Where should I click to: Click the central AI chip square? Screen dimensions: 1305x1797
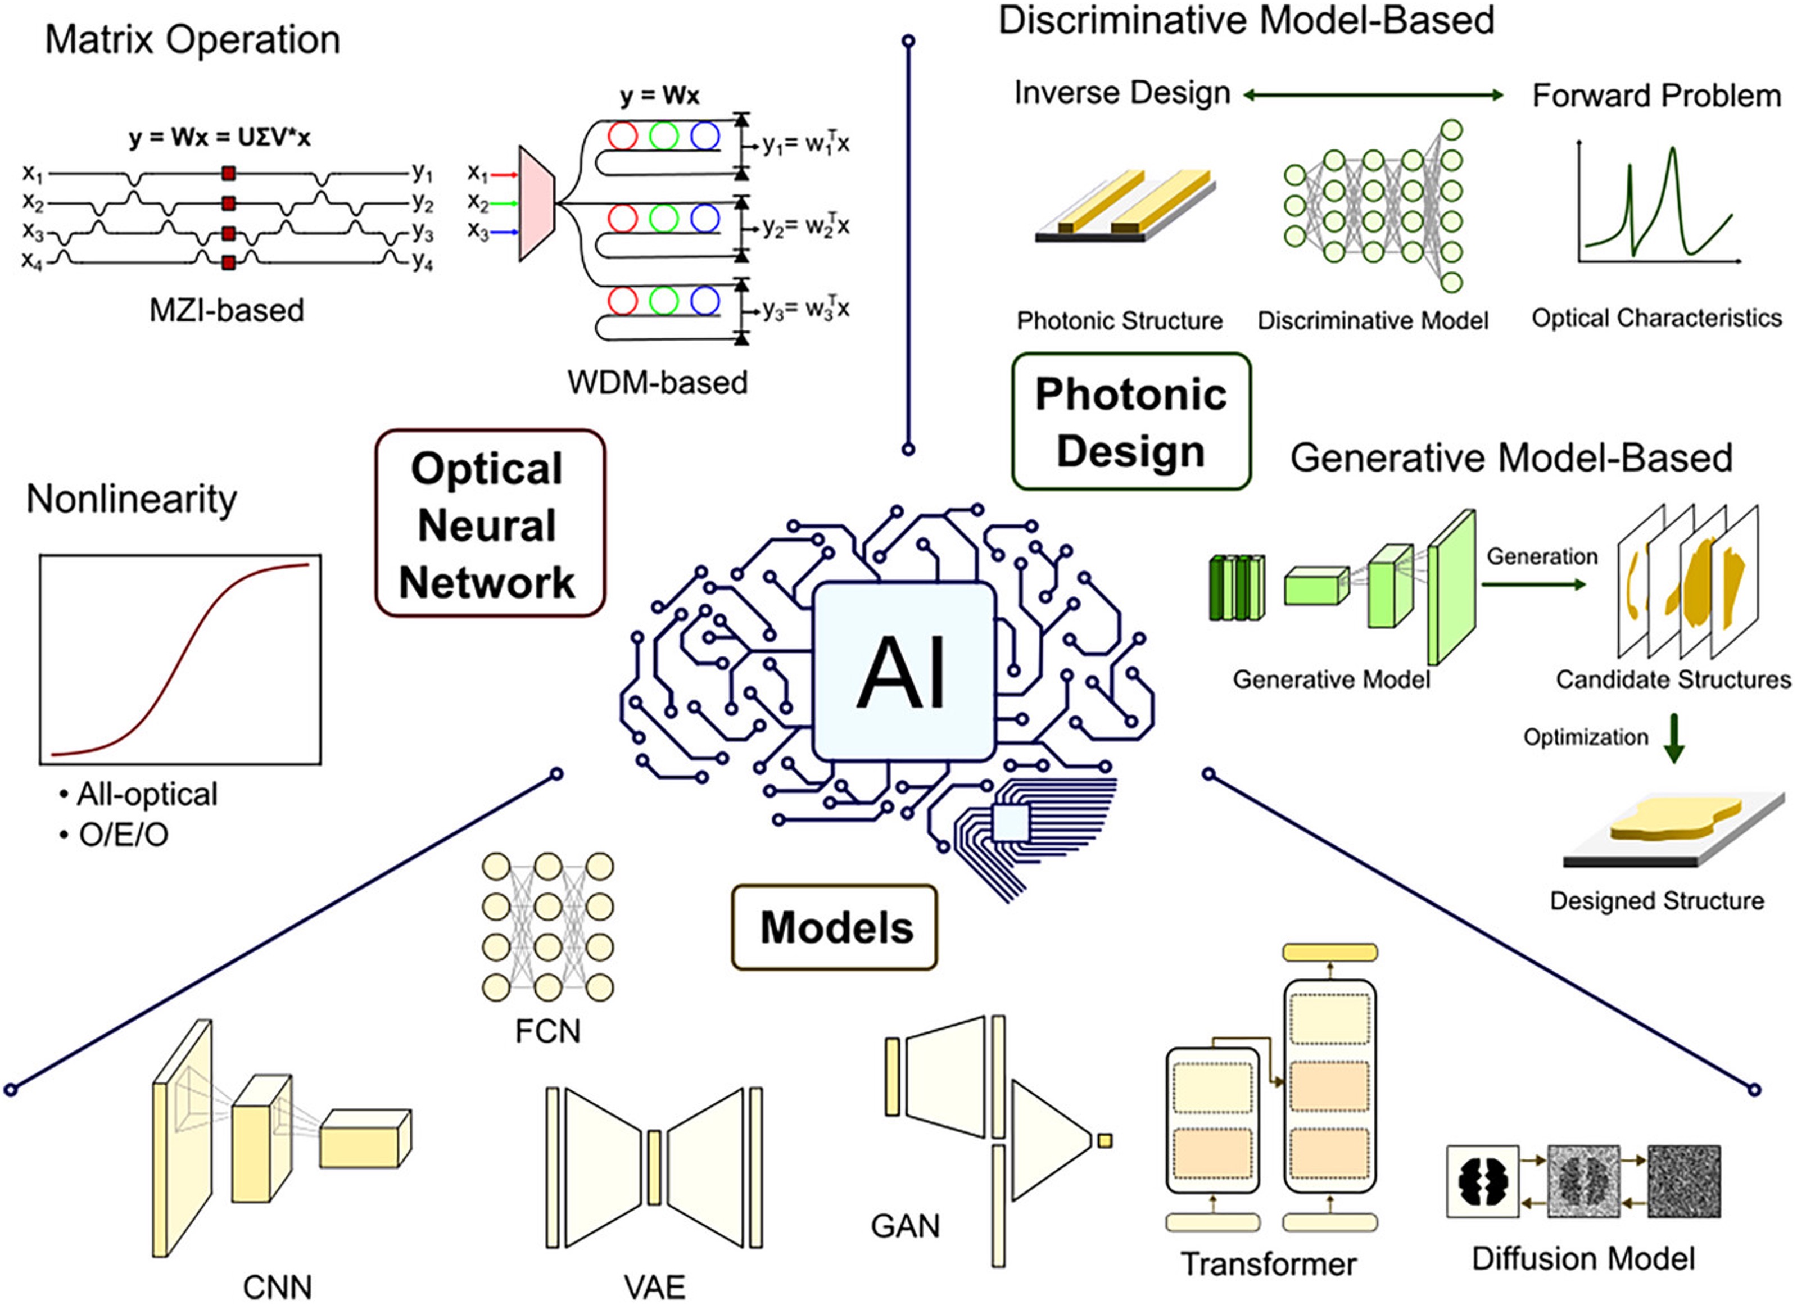904,672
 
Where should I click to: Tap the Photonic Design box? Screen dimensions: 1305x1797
1131,422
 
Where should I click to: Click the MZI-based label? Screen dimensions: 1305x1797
227,310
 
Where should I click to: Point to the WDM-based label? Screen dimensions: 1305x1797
657,383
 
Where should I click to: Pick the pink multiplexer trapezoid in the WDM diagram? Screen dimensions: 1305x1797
536,203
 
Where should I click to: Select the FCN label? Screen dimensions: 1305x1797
547,1031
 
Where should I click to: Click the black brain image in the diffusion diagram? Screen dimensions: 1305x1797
1482,1181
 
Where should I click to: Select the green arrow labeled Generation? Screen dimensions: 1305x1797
1533,584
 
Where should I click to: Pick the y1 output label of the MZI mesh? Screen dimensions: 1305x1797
422,171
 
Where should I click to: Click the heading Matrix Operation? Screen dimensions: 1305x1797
193,39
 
